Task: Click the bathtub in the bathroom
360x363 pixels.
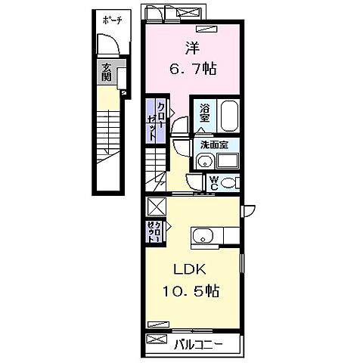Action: point(230,117)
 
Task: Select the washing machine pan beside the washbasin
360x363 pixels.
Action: point(227,161)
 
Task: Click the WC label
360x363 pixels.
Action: point(214,182)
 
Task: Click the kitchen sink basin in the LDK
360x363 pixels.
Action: point(203,238)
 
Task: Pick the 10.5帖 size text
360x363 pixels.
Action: point(193,291)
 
